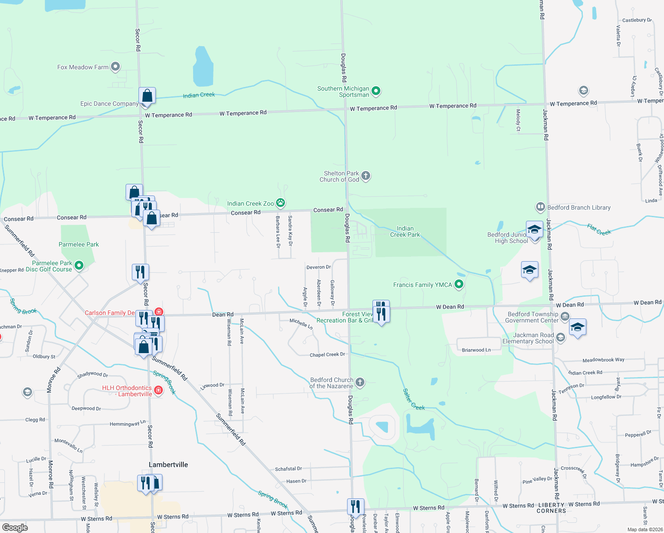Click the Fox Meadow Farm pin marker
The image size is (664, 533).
[115, 67]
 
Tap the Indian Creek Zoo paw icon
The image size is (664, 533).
[281, 203]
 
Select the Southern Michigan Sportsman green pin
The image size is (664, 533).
[376, 91]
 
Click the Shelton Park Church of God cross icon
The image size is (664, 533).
[366, 176]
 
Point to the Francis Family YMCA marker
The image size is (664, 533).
[459, 285]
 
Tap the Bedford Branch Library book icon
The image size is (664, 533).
[541, 207]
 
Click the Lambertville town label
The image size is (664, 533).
[168, 465]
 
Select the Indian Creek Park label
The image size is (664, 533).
[405, 231]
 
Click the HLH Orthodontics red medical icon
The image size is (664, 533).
[158, 390]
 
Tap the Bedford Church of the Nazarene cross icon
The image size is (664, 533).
[360, 382]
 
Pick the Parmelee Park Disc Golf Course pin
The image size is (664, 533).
[79, 266]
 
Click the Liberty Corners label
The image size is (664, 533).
[551, 508]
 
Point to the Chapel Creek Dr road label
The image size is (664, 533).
[327, 354]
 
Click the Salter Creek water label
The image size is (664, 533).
[414, 399]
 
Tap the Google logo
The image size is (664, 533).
[15, 527]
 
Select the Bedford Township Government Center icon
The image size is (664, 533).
[565, 317]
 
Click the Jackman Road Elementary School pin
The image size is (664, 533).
[561, 338]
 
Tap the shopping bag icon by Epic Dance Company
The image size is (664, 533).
[147, 95]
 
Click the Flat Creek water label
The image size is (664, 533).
[599, 230]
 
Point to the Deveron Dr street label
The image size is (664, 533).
[318, 267]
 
